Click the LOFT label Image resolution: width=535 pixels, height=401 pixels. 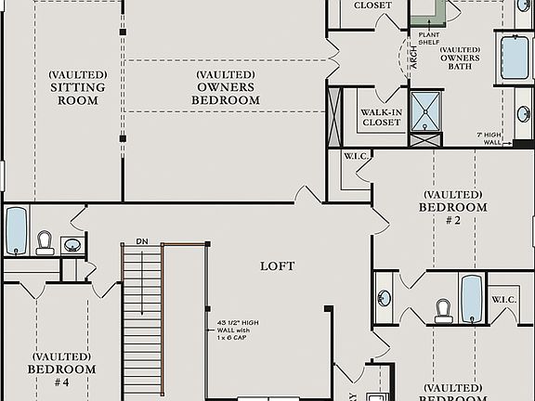(277, 266)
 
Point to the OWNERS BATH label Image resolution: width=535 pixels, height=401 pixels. (460, 58)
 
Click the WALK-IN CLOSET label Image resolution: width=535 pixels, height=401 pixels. (381, 118)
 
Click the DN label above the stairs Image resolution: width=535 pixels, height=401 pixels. (142, 240)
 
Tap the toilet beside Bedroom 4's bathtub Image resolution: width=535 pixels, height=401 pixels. (45, 243)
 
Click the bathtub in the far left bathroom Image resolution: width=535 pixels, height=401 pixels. (17, 231)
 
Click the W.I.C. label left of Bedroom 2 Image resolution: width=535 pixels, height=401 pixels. (357, 156)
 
